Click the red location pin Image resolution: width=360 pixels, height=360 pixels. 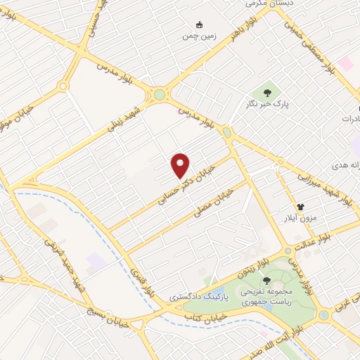[x=181, y=165]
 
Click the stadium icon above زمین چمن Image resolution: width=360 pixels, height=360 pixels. [x=200, y=24]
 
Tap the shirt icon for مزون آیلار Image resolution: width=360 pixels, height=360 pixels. [x=300, y=207]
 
